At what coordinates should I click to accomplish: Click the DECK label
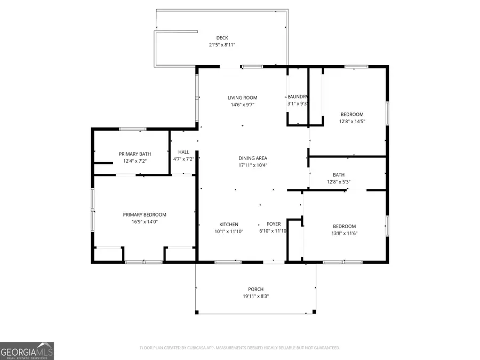click(222, 37)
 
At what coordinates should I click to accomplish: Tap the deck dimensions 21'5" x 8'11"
click(222, 45)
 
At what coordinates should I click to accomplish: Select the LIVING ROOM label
click(243, 98)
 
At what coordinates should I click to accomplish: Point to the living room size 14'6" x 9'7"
click(243, 105)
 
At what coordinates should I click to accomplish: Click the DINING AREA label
click(253, 158)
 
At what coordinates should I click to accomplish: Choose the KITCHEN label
click(229, 225)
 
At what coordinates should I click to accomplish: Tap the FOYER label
click(274, 225)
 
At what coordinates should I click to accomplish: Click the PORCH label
click(256, 289)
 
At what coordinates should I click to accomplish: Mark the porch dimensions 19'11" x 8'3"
click(256, 297)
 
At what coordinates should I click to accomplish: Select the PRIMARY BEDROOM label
click(145, 214)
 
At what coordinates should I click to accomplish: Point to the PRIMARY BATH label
click(134, 154)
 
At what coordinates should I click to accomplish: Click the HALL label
click(183, 152)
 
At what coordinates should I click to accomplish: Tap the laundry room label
click(298, 97)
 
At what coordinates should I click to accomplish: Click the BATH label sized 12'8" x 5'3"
click(339, 174)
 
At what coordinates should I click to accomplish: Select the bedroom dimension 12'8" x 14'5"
click(352, 122)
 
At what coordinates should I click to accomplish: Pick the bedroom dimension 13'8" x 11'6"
click(344, 234)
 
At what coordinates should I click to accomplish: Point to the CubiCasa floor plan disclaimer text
click(239, 348)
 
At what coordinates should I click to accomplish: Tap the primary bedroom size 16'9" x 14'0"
click(145, 222)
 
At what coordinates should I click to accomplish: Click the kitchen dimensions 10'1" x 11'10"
click(229, 231)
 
